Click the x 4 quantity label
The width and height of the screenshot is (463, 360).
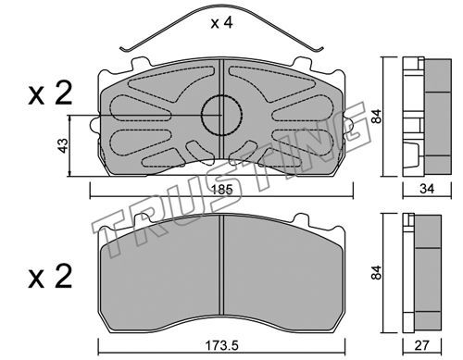[x=221, y=23]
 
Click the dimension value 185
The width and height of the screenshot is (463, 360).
[x=222, y=190]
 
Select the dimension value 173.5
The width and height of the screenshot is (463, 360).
[x=222, y=345]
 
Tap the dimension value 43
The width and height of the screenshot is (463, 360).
[x=63, y=145]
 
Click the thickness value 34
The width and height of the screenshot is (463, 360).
[x=427, y=189]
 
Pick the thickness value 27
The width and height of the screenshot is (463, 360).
[x=421, y=345]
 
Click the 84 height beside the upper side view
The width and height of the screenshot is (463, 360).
[x=377, y=117]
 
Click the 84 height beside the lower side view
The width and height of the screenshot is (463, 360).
[x=377, y=272]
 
